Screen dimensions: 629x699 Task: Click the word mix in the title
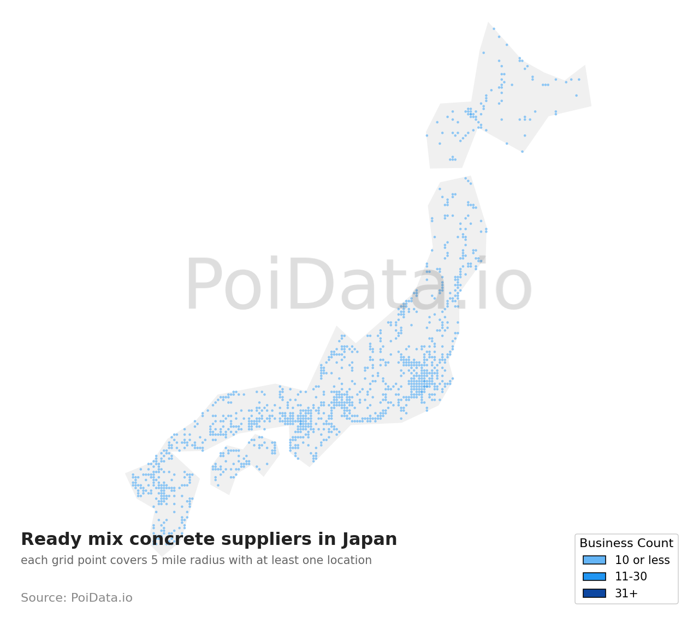93,539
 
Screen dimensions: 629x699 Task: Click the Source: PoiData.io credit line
76,598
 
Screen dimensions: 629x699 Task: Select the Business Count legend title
626,543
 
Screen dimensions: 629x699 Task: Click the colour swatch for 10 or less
594,560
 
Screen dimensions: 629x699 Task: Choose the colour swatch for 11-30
594,577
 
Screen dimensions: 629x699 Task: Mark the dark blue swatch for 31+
594,594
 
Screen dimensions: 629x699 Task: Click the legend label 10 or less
642,560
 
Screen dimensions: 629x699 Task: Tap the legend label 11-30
631,577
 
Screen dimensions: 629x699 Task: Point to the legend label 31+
626,594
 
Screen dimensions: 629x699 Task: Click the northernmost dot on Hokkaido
494,29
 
